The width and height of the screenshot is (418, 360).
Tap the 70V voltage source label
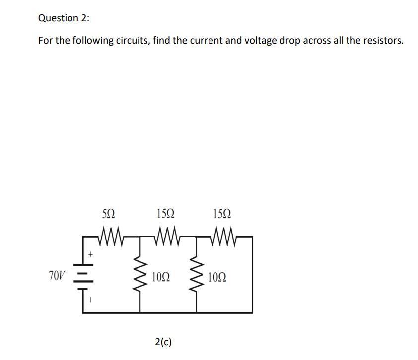[x=57, y=274]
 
